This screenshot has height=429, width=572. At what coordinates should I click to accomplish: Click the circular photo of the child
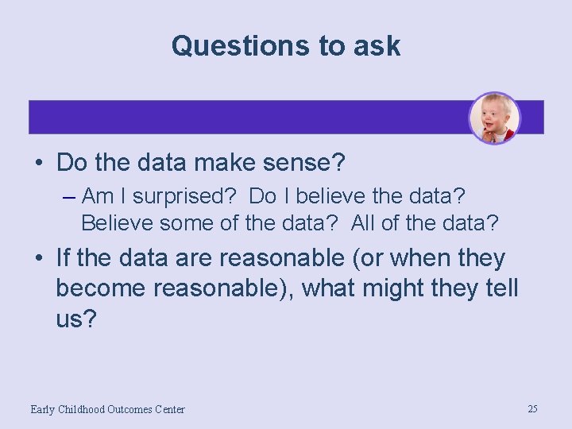click(x=494, y=118)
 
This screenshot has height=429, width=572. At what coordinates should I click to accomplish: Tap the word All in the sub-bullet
click(x=362, y=223)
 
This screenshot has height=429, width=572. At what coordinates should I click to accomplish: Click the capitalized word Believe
click(x=117, y=223)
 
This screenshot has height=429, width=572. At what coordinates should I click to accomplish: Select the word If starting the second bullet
click(x=64, y=258)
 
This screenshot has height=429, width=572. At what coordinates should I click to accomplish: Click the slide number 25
click(x=532, y=408)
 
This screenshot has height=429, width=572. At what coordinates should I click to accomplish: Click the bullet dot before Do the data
click(x=39, y=164)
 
